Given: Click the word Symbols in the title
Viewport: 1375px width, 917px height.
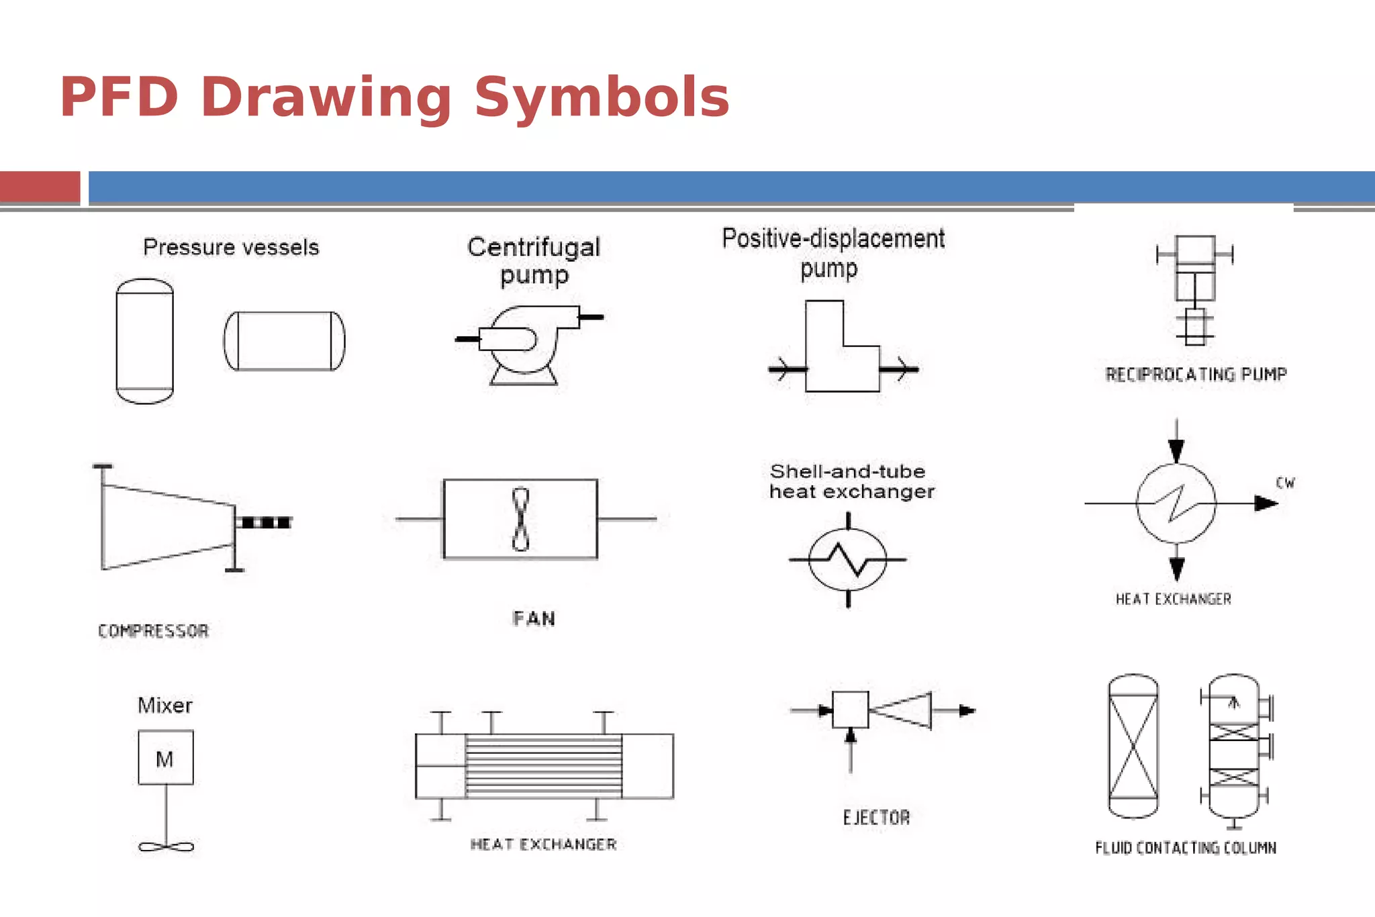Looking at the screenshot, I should pyautogui.click(x=602, y=97).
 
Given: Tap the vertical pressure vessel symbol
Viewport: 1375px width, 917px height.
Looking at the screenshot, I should pyautogui.click(x=144, y=341).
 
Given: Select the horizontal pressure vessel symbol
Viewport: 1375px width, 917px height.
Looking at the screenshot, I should pyautogui.click(x=284, y=341).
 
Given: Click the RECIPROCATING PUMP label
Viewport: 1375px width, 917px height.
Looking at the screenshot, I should pyautogui.click(x=1196, y=375).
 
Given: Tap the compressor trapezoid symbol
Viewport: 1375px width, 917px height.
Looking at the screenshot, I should pyautogui.click(x=168, y=526).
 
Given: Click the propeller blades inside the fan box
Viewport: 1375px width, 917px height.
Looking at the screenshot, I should pyautogui.click(x=520, y=519).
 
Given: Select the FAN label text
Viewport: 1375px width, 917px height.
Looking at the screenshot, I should pyautogui.click(x=534, y=618).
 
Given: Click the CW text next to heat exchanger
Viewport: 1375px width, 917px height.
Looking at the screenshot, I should pyautogui.click(x=1285, y=483).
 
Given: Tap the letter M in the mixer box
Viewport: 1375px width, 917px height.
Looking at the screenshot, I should pyautogui.click(x=164, y=759).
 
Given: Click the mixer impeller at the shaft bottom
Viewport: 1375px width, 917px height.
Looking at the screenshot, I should pyautogui.click(x=166, y=847).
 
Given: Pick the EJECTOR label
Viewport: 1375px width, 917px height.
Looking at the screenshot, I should pyautogui.click(x=876, y=818).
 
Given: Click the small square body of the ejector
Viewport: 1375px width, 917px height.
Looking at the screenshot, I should pyautogui.click(x=850, y=710).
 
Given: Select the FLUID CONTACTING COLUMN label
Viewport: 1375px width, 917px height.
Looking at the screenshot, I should pyautogui.click(x=1185, y=848).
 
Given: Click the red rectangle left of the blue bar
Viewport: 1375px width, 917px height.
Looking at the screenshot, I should pyautogui.click(x=40, y=186).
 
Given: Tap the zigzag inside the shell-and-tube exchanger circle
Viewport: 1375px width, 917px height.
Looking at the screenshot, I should pyautogui.click(x=848, y=559).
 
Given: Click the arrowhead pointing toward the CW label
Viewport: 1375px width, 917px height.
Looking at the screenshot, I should pyautogui.click(x=1266, y=503).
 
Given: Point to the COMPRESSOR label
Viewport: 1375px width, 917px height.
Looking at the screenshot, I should pyautogui.click(x=153, y=631).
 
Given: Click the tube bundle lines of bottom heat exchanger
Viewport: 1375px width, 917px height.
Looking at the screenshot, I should pyautogui.click(x=544, y=765).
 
